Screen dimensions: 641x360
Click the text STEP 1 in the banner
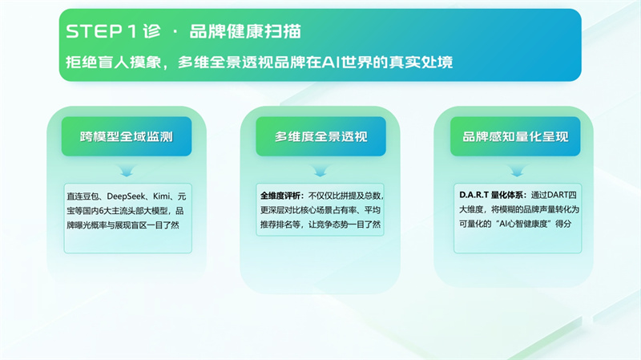coord(101,31)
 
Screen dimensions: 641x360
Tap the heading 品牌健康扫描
coord(245,31)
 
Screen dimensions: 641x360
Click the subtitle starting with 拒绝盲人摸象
coord(259,63)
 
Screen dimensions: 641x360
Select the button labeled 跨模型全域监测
coord(127,136)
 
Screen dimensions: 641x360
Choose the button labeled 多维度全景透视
coord(321,136)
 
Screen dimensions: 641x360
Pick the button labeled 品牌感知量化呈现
coord(515,136)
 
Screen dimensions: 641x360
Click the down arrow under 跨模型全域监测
coord(127,171)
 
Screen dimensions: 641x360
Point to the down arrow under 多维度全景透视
coord(320,171)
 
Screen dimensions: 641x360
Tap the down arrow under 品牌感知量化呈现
coord(517,171)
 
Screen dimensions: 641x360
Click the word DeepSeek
coord(126,196)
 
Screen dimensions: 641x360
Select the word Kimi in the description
coord(161,196)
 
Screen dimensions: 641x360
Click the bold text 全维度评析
coord(282,196)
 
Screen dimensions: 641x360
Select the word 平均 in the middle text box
coord(373,210)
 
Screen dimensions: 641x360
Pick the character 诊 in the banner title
coord(151,31)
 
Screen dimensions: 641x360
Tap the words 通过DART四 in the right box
coord(554,195)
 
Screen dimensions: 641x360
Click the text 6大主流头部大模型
coord(133,211)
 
